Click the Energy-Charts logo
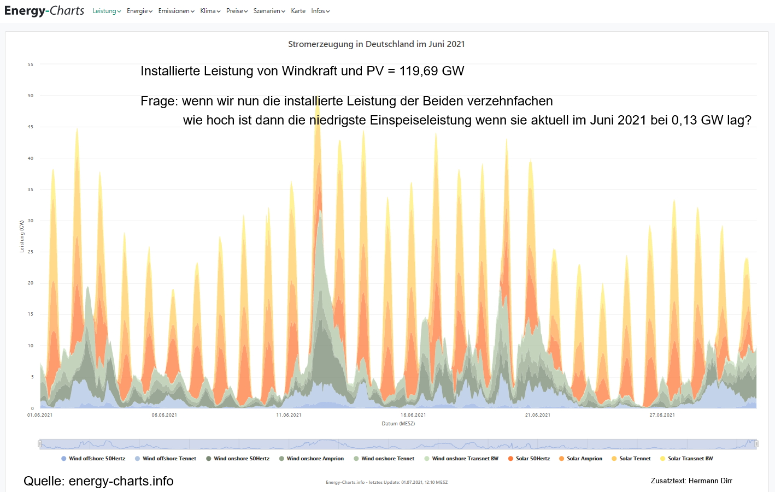click(x=44, y=11)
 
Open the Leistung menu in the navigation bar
click(x=107, y=11)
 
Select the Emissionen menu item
click(x=176, y=11)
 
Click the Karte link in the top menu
click(x=298, y=11)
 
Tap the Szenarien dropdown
click(x=269, y=11)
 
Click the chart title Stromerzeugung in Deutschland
click(x=376, y=44)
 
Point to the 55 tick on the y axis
click(x=31, y=64)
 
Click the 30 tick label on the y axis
click(x=31, y=221)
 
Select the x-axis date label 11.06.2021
click(x=289, y=415)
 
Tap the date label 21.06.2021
click(x=537, y=415)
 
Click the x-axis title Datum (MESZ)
click(x=398, y=424)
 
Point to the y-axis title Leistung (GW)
click(x=22, y=236)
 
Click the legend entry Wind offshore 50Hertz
click(x=93, y=459)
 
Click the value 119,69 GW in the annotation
click(x=431, y=71)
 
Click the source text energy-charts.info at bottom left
click(x=121, y=481)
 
